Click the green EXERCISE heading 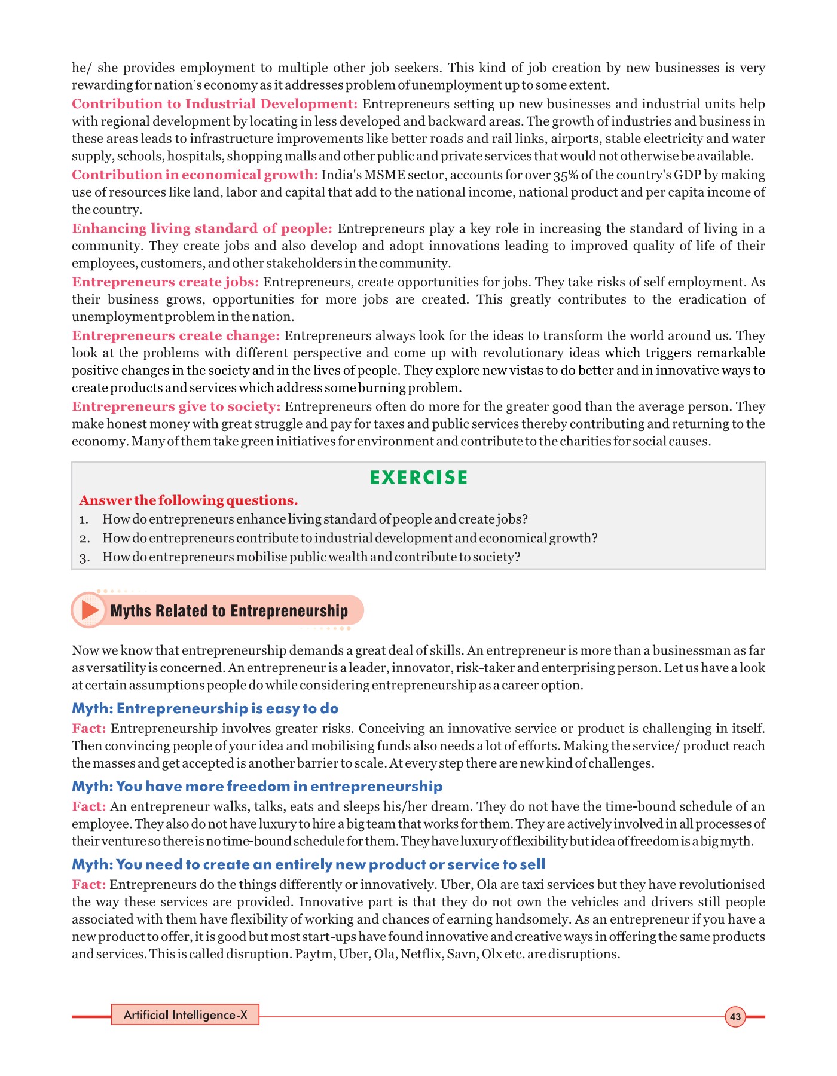click(418, 478)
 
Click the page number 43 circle click(735, 1017)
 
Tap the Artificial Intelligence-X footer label click(185, 1015)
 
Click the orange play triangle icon click(90, 610)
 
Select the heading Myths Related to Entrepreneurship click(229, 611)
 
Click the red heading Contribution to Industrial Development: click(215, 104)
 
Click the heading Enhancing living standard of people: click(201, 228)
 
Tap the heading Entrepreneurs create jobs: click(165, 282)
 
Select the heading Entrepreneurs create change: click(176, 336)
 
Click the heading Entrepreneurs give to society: click(176, 406)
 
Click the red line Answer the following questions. click(188, 500)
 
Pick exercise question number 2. click(350, 538)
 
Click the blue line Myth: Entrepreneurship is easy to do click(205, 708)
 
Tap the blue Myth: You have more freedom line click(257, 787)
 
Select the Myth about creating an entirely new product click(308, 864)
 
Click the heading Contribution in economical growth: click(195, 175)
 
